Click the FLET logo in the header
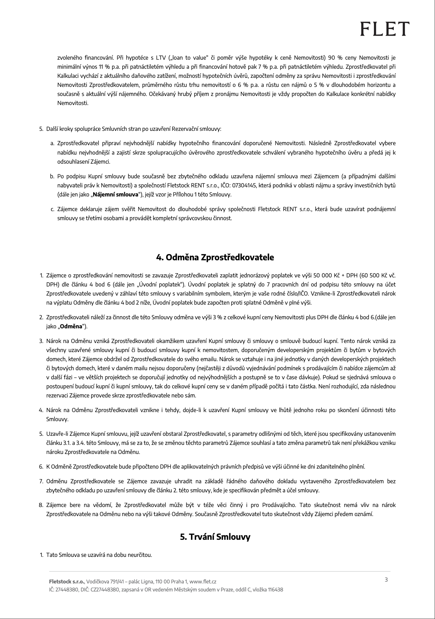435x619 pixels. [x=385, y=29]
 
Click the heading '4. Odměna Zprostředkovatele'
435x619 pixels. [x=215, y=258]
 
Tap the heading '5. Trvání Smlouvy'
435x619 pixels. [x=215, y=537]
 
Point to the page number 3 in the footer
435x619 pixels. [x=386, y=580]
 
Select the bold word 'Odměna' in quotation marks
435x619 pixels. [x=71, y=327]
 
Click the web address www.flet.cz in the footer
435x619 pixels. [x=203, y=582]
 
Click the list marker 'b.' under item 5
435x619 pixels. [x=52, y=177]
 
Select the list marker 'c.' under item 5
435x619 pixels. [x=52, y=209]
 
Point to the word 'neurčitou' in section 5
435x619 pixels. [x=140, y=555]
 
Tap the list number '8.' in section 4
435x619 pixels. [x=41, y=505]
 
